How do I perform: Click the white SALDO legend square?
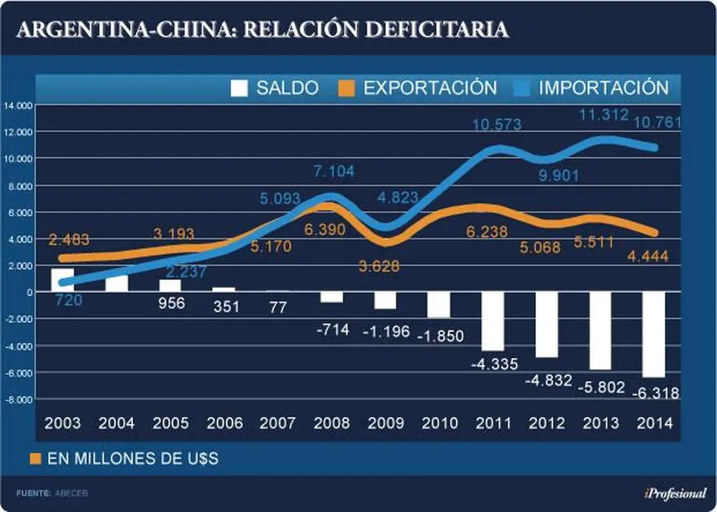[239, 89]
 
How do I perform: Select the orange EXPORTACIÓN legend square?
[346, 89]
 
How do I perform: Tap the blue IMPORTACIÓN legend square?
[521, 89]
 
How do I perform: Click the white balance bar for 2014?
[654, 334]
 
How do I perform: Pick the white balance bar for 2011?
[493, 321]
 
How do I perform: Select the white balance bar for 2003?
[63, 280]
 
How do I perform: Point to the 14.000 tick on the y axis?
[18, 106]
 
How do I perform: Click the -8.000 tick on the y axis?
[18, 400]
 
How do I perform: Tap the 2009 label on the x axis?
[385, 423]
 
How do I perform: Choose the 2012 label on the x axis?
[547, 423]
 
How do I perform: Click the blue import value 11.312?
[604, 114]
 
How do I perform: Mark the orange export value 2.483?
[69, 240]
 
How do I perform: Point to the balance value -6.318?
[656, 393]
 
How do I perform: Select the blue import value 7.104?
[334, 171]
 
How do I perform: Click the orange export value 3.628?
[379, 266]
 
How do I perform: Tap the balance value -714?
[333, 329]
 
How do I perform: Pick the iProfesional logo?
[675, 493]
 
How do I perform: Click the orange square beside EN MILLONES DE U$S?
[35, 459]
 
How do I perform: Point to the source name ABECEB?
[71, 493]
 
